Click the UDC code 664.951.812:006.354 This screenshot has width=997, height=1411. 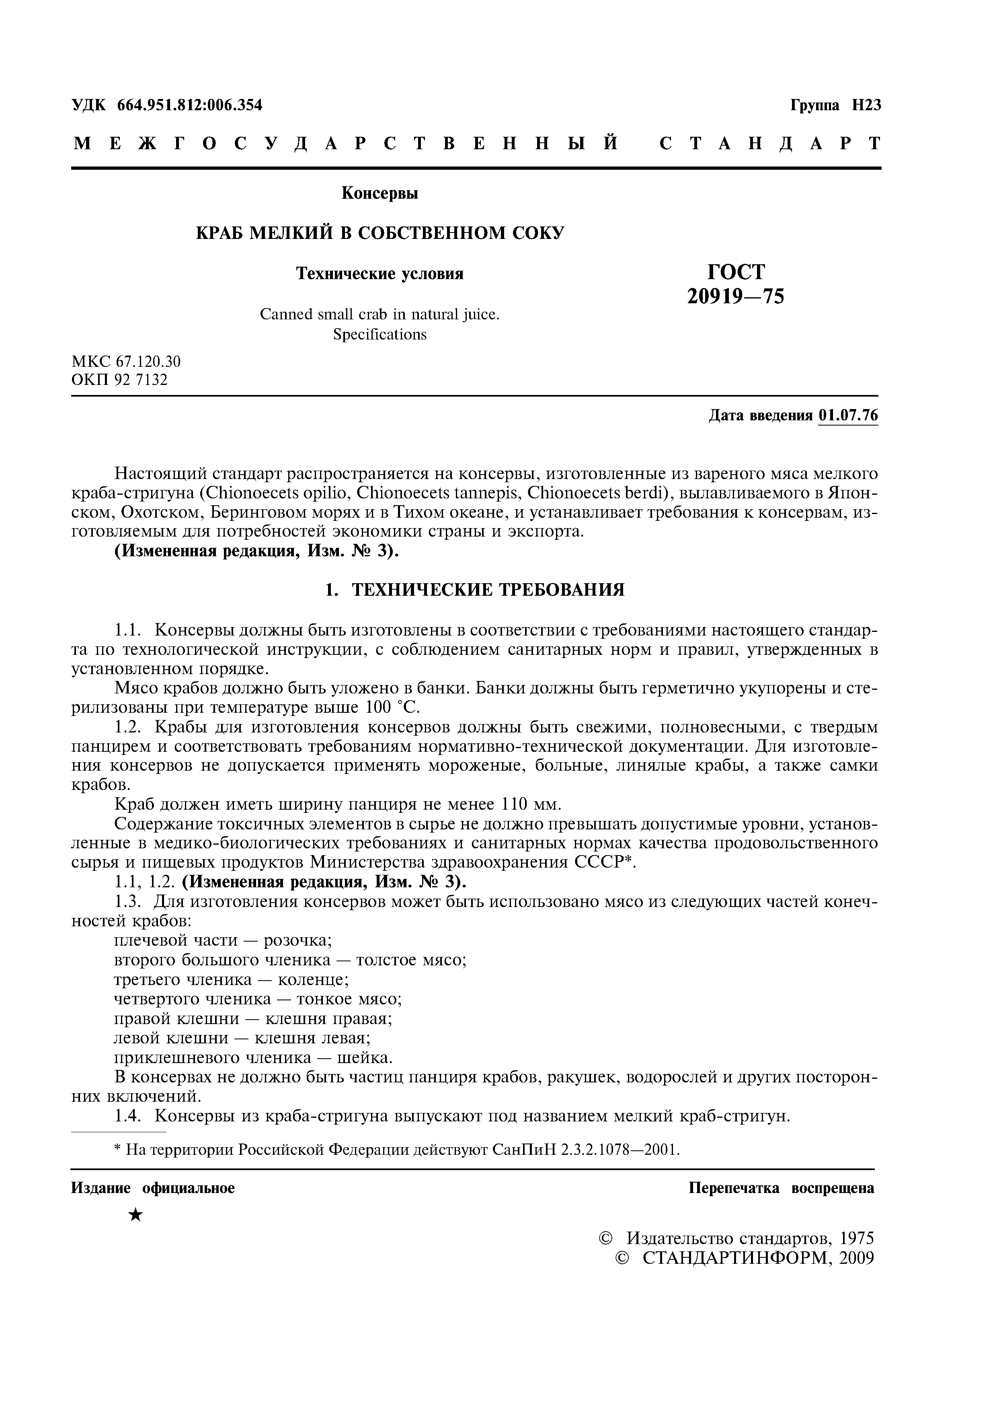189,105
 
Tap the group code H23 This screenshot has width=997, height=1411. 866,105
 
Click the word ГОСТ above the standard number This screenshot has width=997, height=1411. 736,272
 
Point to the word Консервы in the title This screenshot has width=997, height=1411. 380,193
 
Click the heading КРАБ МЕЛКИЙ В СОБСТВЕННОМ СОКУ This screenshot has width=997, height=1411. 380,233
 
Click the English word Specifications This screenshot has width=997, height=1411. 380,334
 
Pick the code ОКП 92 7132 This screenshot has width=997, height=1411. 120,380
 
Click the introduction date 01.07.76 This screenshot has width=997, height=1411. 848,415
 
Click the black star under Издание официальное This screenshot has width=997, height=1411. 136,1215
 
